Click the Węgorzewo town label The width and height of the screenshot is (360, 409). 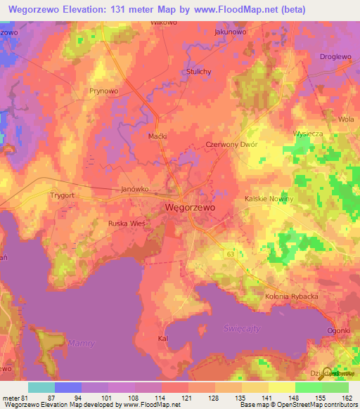click(x=190, y=208)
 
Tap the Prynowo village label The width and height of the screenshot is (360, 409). click(x=103, y=91)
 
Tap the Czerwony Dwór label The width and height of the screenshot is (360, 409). click(x=231, y=144)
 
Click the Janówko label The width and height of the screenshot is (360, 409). click(x=134, y=189)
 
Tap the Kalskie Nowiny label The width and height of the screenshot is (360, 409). click(x=268, y=200)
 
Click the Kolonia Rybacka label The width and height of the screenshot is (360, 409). click(x=292, y=297)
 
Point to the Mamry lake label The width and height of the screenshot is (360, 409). click(x=81, y=342)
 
